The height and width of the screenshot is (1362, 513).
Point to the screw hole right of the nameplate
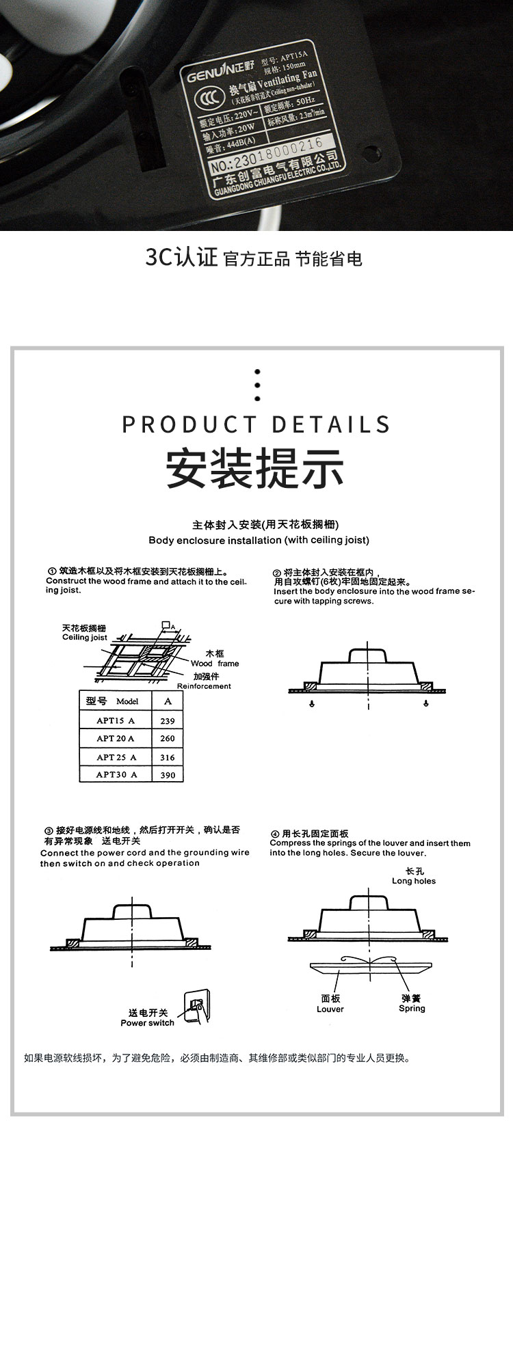click(x=371, y=150)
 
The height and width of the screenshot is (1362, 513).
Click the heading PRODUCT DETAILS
click(x=256, y=424)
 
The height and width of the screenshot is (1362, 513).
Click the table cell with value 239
click(x=168, y=720)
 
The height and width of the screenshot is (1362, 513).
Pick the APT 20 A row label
click(x=115, y=738)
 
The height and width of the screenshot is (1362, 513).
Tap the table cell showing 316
click(x=168, y=757)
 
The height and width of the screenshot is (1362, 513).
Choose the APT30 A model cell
click(x=116, y=774)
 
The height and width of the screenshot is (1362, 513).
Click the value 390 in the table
click(x=168, y=775)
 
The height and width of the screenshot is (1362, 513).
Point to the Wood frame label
click(x=215, y=663)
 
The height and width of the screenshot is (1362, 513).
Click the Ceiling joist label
click(x=85, y=637)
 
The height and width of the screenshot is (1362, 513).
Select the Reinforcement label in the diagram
click(x=204, y=686)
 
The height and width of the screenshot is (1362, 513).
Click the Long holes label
click(x=414, y=881)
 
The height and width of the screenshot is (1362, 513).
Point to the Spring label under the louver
click(x=412, y=1008)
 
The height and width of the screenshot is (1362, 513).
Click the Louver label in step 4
click(x=330, y=1009)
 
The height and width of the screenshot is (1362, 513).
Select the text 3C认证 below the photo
click(x=181, y=258)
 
